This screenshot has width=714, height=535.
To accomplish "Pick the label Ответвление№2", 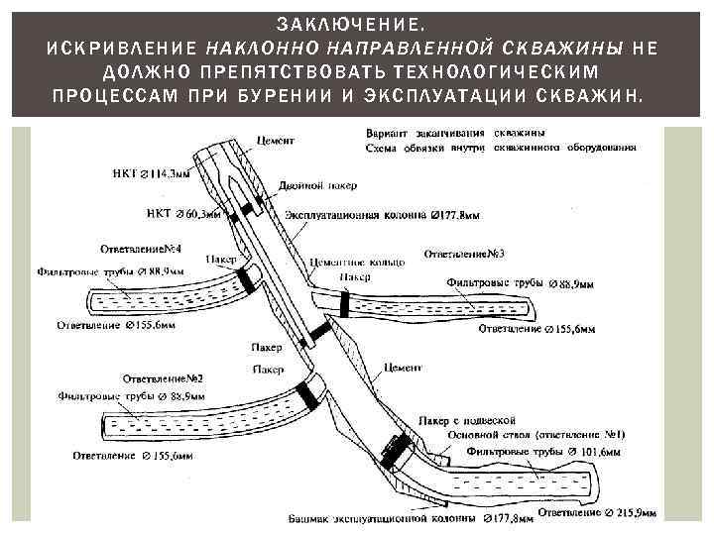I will (164, 378).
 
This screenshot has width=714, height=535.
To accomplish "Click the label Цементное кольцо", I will (358, 262).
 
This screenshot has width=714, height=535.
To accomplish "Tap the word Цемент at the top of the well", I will (275, 141).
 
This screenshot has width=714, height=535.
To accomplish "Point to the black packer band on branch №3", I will (344, 303).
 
